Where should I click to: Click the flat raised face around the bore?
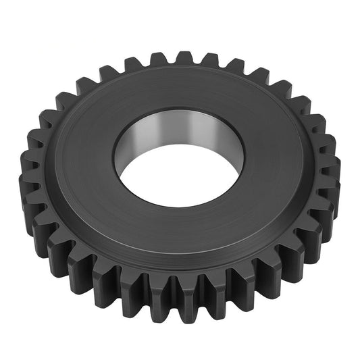tap(101, 169)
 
